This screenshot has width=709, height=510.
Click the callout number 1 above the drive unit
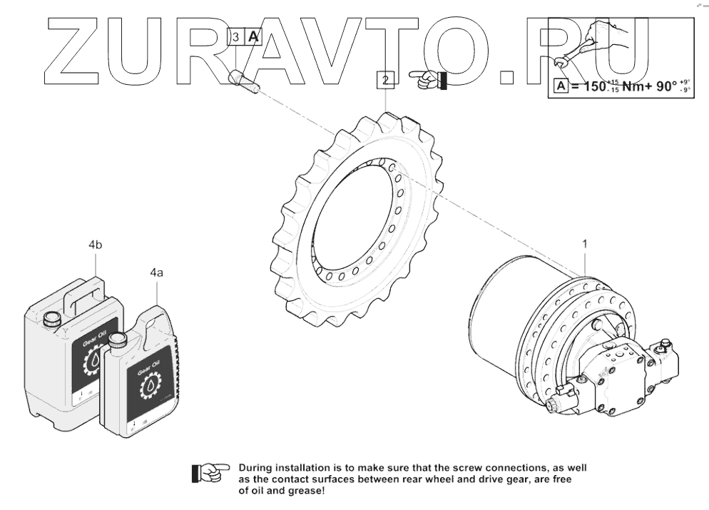coord(585,244)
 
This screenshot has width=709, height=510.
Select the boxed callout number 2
coord(386,79)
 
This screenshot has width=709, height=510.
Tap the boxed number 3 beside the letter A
coord(236,37)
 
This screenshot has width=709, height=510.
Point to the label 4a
coord(157,272)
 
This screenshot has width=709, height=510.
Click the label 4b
coord(96,245)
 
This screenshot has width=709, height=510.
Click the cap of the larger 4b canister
coord(51,319)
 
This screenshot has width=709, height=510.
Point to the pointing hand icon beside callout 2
coord(428,78)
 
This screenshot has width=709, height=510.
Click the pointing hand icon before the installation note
coord(211,471)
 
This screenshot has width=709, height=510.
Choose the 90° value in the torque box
coord(666,87)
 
